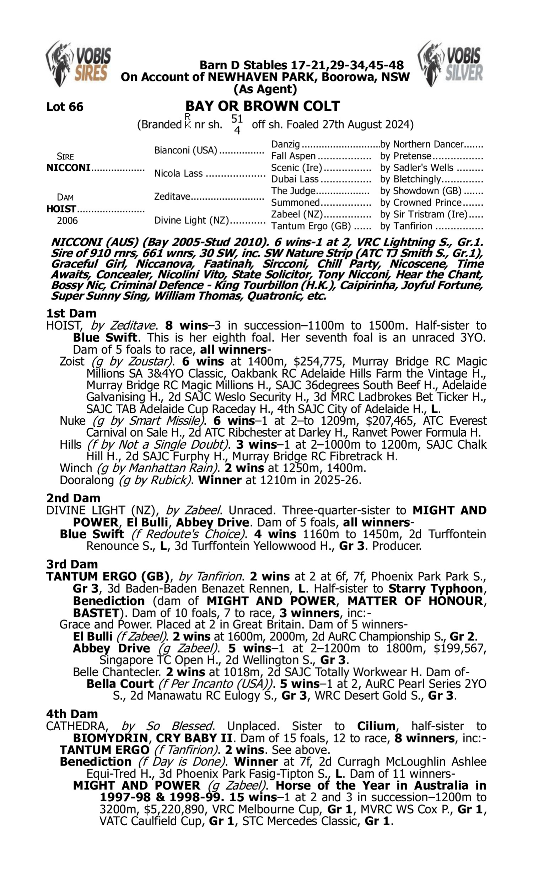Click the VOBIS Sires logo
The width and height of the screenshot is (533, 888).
[x=78, y=64]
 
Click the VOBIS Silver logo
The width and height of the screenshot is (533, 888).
[x=451, y=64]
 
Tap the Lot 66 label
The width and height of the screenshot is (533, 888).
[x=65, y=107]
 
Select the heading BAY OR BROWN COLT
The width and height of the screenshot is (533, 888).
[x=262, y=106]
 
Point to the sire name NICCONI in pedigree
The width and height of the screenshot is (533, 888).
[x=68, y=168]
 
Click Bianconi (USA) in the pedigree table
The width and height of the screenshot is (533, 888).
[x=186, y=150]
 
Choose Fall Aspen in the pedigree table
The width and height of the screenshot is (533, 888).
[x=293, y=156]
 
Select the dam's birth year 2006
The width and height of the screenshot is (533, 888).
[x=67, y=220]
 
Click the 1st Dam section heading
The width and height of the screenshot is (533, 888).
[x=71, y=313]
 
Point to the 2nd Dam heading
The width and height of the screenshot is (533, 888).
[x=73, y=498]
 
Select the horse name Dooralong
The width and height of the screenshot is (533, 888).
[x=87, y=480]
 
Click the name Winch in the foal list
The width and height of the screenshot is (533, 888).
[x=76, y=468]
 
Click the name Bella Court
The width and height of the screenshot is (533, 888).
[x=120, y=684]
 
